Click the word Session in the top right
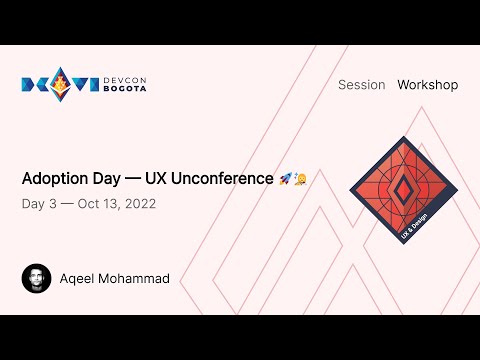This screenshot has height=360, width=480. point(361,85)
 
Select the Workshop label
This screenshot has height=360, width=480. point(427,85)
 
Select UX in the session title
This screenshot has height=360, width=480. point(155,179)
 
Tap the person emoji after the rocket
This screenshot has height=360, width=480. point(300,179)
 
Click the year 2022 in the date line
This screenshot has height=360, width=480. point(138,204)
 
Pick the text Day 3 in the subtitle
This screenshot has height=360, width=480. point(38,204)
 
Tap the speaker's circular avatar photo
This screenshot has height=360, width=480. point(36,278)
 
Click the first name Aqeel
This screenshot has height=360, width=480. point(77,278)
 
